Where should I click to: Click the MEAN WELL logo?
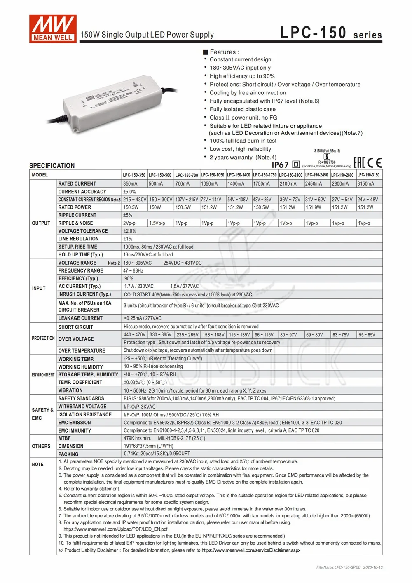coord(53,28)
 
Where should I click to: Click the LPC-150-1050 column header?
coord(213,175)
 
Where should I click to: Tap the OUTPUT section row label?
coord(41,223)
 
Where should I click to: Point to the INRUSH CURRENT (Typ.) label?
coord(84,294)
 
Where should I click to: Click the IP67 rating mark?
coord(280,165)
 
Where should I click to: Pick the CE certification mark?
coord(375,162)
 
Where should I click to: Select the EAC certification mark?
coord(359,162)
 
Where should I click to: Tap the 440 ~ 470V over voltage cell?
coord(134,335)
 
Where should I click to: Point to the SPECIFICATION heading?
coord(52,166)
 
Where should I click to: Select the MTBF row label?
coord(64,438)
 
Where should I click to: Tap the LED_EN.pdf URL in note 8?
coord(115,529)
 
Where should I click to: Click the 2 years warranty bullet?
coord(243,157)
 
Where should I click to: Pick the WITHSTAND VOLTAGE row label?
coord(82,407)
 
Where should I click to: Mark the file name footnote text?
coord(349,567)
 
